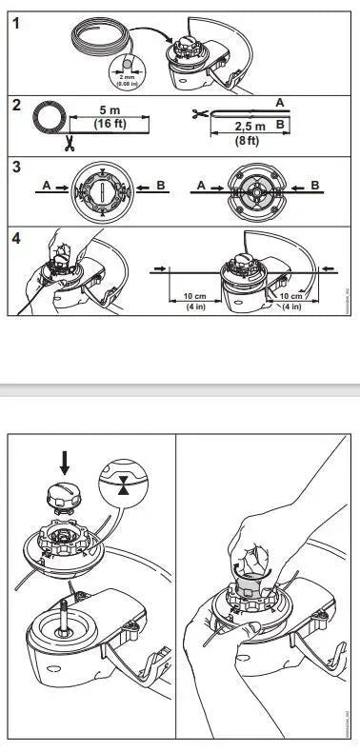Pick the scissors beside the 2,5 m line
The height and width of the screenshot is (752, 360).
tap(198, 115)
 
